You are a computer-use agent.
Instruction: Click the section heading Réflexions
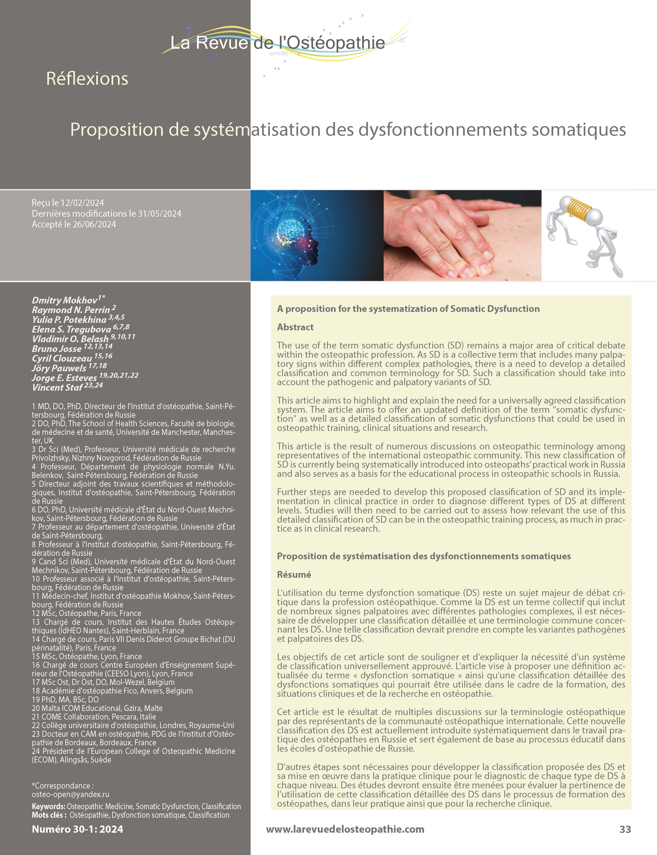pyautogui.click(x=87, y=79)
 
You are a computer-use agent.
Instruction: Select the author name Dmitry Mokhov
pyautogui.click(x=64, y=300)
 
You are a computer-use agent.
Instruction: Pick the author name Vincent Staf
pyautogui.click(x=57, y=387)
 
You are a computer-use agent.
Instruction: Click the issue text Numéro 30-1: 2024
pyautogui.click(x=77, y=829)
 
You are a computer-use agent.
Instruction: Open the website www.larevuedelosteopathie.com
pyautogui.click(x=345, y=829)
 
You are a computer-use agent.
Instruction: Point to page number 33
pyautogui.click(x=625, y=829)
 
